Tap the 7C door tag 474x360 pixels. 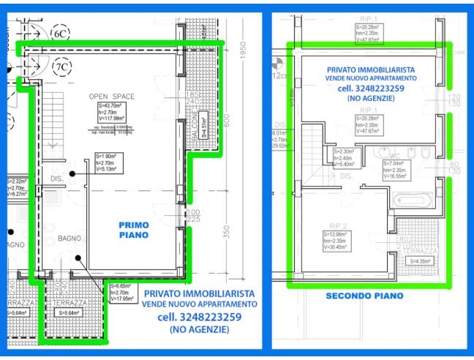click(61, 67)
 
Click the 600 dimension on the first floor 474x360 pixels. click(227, 120)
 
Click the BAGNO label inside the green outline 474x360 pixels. click(68, 239)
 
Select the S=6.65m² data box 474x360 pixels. click(121, 292)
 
